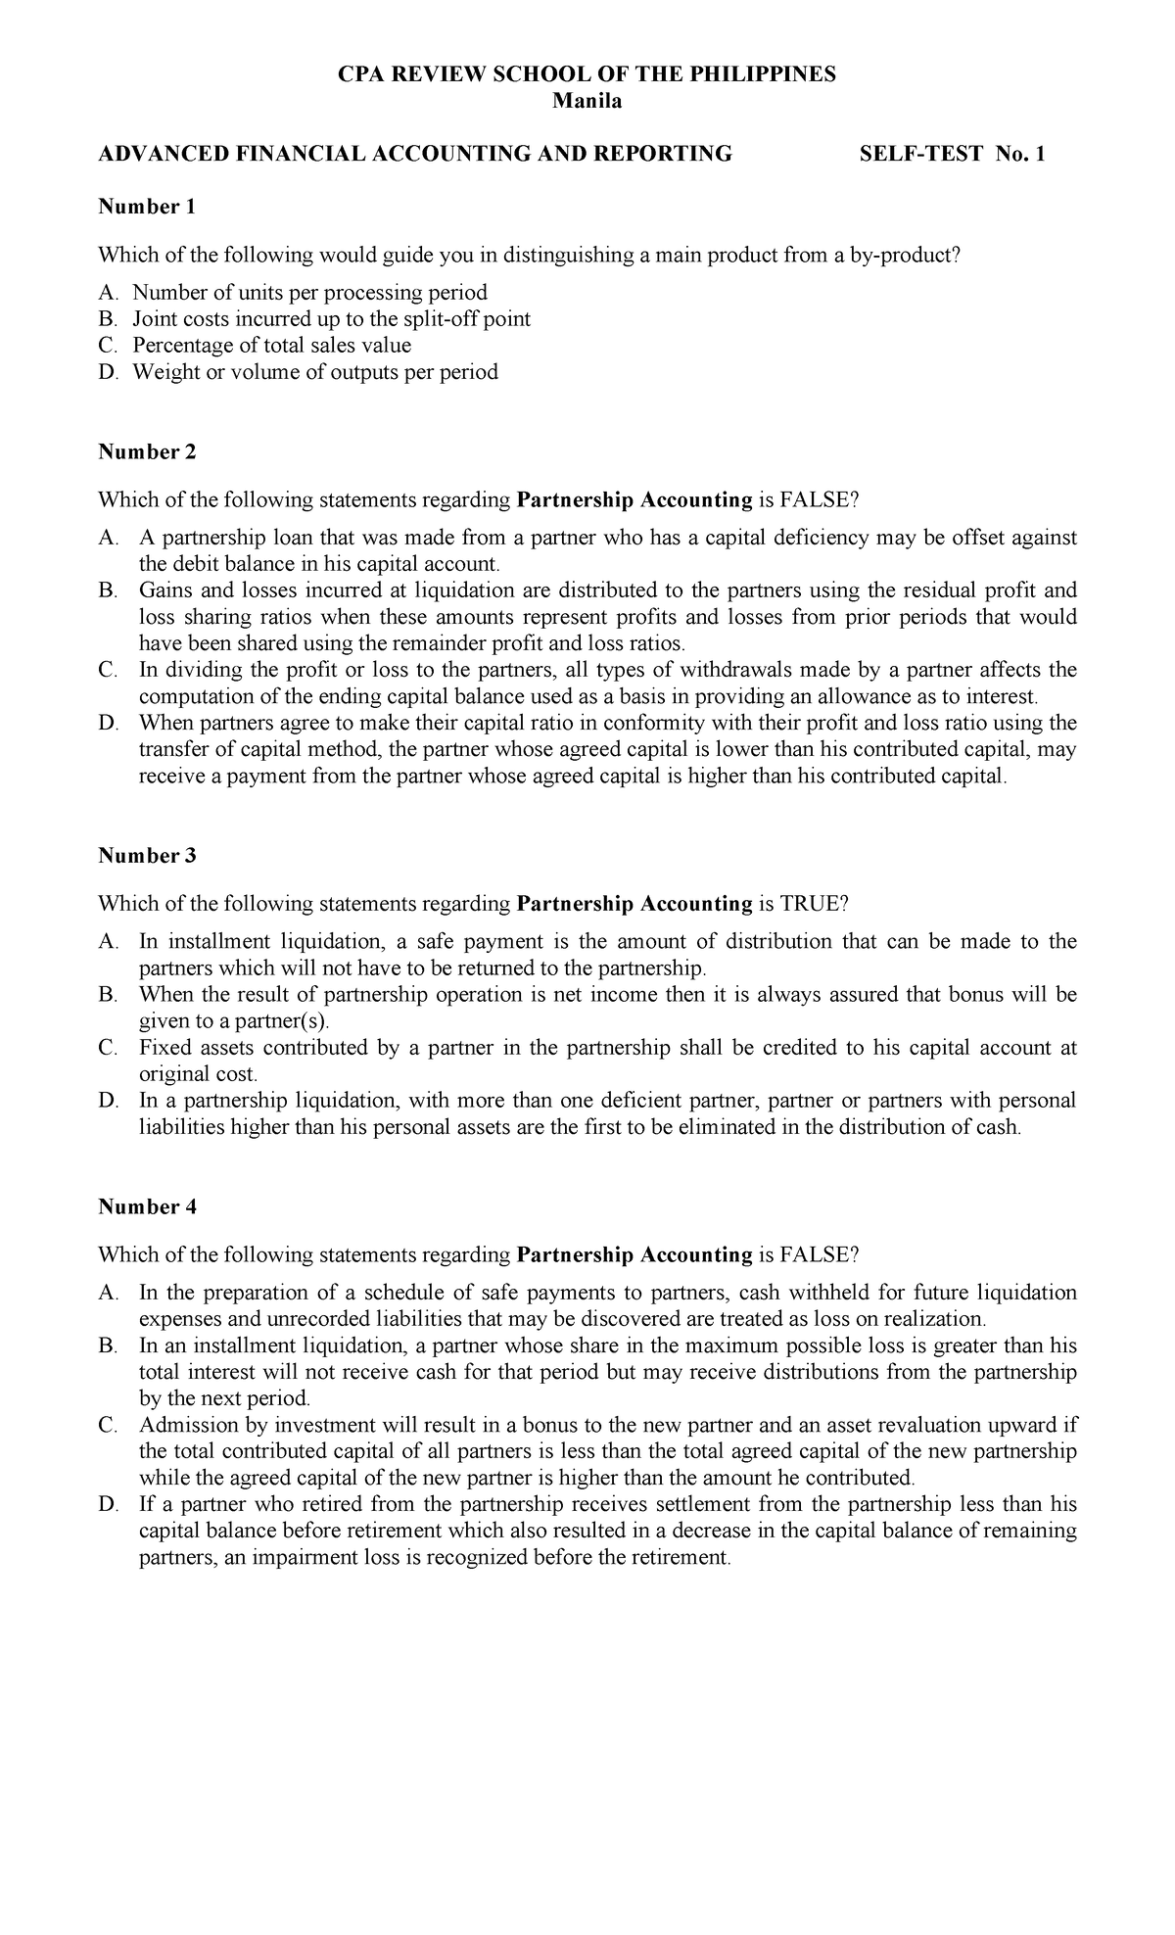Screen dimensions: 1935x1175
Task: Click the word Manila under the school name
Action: point(587,102)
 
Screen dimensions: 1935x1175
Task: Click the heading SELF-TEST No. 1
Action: point(952,154)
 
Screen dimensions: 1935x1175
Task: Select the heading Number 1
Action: point(147,207)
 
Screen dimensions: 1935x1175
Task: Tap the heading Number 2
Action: point(147,451)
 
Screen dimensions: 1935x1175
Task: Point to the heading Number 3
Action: point(147,855)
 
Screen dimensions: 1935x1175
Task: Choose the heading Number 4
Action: point(147,1206)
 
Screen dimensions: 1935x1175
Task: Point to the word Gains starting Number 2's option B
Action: point(166,590)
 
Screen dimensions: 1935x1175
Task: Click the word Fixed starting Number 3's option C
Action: point(164,1048)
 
